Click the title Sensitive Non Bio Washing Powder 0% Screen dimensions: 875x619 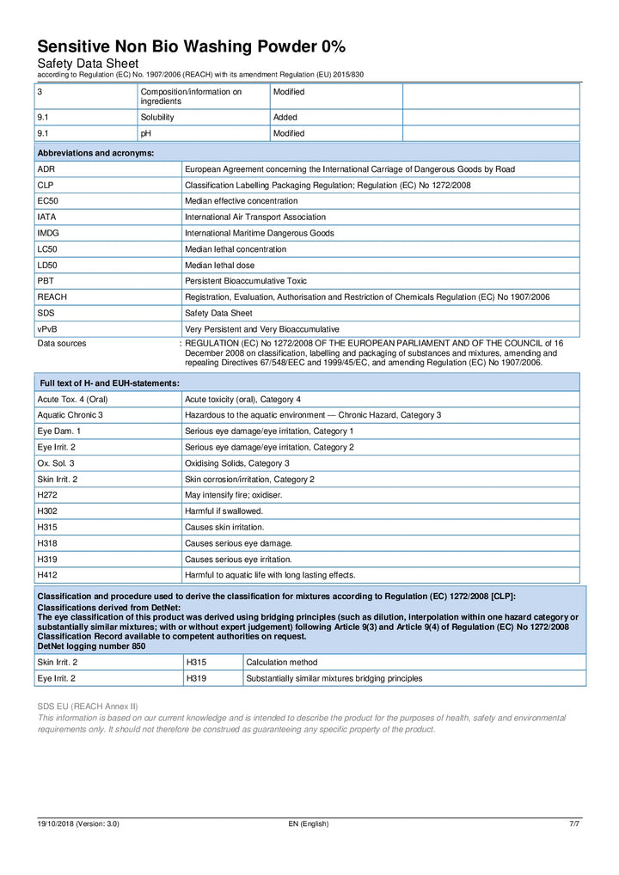click(191, 46)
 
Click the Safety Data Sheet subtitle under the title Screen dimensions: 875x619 click(87, 64)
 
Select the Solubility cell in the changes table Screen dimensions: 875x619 click(158, 117)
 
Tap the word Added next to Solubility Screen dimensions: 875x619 click(285, 117)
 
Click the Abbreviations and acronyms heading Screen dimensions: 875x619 click(95, 153)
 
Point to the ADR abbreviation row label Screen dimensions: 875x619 click(46, 169)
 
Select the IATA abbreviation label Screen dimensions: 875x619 click(47, 217)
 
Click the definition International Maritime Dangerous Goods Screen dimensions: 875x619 click(260, 233)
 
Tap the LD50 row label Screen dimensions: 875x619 click(48, 266)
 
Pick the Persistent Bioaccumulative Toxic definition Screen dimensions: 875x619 click(246, 281)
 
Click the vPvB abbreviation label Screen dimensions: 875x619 click(48, 329)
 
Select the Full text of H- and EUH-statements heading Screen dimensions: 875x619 click(110, 382)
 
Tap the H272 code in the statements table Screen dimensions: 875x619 click(47, 494)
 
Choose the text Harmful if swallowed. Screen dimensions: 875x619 click(224, 511)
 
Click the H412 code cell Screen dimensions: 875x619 click(47, 574)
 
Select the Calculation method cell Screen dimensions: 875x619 click(280, 662)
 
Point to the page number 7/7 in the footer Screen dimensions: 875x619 click(574, 823)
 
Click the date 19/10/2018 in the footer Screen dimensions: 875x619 click(58, 823)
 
